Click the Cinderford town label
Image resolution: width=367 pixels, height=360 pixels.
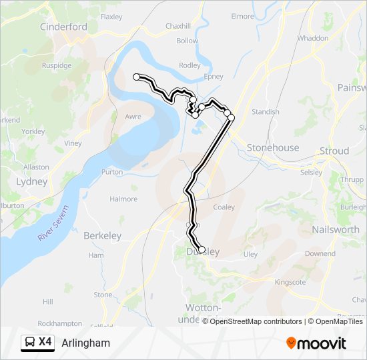[x=63, y=27]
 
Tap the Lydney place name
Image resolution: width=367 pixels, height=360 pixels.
[x=32, y=181]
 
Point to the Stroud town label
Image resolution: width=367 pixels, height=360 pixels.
[x=334, y=151]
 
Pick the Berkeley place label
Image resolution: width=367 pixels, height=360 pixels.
[x=102, y=235]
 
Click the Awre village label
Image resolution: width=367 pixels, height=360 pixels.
[x=133, y=116]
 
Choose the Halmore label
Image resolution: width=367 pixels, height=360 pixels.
[x=123, y=199]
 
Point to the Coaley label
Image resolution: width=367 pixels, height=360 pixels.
[x=224, y=207]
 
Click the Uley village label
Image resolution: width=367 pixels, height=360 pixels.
[x=250, y=254]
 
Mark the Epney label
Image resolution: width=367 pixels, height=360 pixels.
[x=214, y=77]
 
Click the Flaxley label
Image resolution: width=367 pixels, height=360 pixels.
[x=111, y=17]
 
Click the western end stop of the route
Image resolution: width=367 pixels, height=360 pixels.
[x=137, y=77]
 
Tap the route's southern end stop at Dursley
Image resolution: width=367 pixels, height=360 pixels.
[x=202, y=250]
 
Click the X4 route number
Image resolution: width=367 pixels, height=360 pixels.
[x=45, y=342]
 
